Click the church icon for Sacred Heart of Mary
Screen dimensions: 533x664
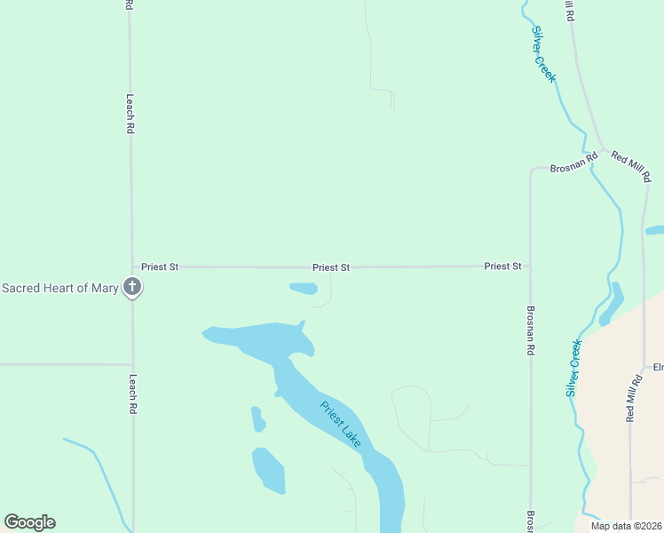point(132,287)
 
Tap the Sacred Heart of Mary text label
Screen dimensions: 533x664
point(59,288)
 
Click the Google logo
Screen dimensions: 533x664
point(29,522)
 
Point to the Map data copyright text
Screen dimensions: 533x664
point(626,526)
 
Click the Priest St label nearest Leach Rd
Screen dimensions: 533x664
point(160,266)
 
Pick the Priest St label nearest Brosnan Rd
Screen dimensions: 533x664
point(502,266)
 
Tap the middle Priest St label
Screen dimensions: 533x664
point(331,266)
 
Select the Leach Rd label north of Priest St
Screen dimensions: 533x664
point(130,114)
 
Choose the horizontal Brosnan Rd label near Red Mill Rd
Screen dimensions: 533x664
point(574,166)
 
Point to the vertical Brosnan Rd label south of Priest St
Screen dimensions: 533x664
point(530,331)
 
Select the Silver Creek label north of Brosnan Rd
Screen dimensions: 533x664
point(543,53)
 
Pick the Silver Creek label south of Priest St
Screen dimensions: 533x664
point(574,367)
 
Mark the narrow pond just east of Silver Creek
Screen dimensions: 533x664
point(613,303)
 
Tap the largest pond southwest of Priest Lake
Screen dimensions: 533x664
point(269,470)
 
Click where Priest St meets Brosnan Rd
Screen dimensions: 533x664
point(530,266)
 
